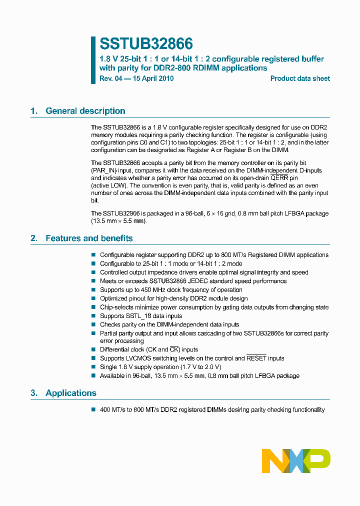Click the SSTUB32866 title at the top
point(146,44)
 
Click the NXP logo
point(296,460)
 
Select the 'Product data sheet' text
point(300,78)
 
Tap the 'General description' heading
point(85,111)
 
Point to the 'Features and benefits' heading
point(89,238)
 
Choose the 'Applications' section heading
point(71,393)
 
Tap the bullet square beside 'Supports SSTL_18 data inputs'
point(93,316)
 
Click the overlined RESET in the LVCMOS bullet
point(257,358)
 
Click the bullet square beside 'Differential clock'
point(93,349)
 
